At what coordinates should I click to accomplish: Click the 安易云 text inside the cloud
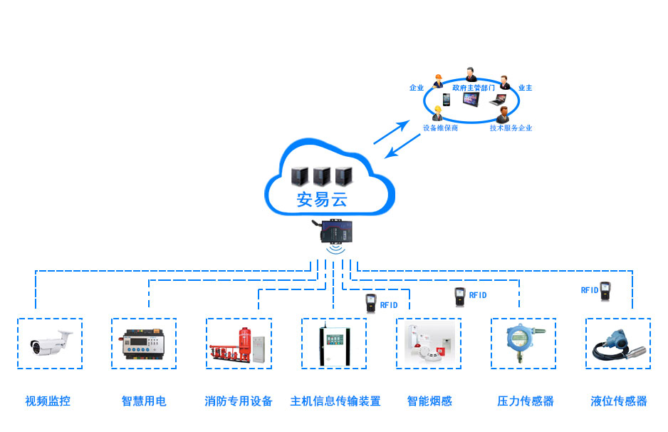pos(322,200)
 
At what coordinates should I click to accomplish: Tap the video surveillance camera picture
pos(50,343)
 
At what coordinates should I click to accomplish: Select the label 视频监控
pos(48,401)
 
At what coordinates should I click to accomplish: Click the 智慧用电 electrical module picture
pos(144,343)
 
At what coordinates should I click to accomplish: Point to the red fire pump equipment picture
pos(239,343)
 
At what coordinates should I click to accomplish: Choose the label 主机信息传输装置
pos(335,401)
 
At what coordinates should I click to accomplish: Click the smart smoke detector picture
pos(429,343)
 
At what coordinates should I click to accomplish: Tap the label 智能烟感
pos(429,401)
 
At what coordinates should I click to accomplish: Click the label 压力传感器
pos(526,401)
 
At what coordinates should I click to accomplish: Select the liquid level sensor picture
pos(617,344)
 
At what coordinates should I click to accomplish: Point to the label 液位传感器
pos(619,401)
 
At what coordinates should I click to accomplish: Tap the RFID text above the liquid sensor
pos(590,290)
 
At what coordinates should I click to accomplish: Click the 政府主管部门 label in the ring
pos(474,88)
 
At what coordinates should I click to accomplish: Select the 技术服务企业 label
pos(511,128)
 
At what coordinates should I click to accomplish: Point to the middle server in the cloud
pos(322,176)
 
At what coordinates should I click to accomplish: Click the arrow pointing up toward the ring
pos(392,132)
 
